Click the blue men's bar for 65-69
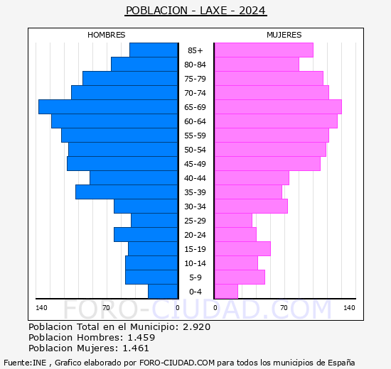(108, 107)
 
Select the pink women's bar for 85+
(264, 50)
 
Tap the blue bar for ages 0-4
(163, 292)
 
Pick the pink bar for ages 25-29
(233, 221)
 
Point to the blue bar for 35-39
(127, 192)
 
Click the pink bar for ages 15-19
(242, 249)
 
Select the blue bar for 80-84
(144, 65)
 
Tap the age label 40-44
(195, 178)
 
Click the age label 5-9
(195, 277)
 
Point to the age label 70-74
(195, 93)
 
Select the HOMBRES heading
(106, 35)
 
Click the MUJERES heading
(284, 35)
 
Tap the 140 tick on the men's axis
(41, 308)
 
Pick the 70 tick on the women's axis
(284, 308)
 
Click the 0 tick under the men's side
(177, 308)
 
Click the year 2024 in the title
(252, 11)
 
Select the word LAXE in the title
(213, 11)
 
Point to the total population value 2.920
(197, 326)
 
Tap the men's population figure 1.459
(141, 337)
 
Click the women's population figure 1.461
(136, 348)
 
